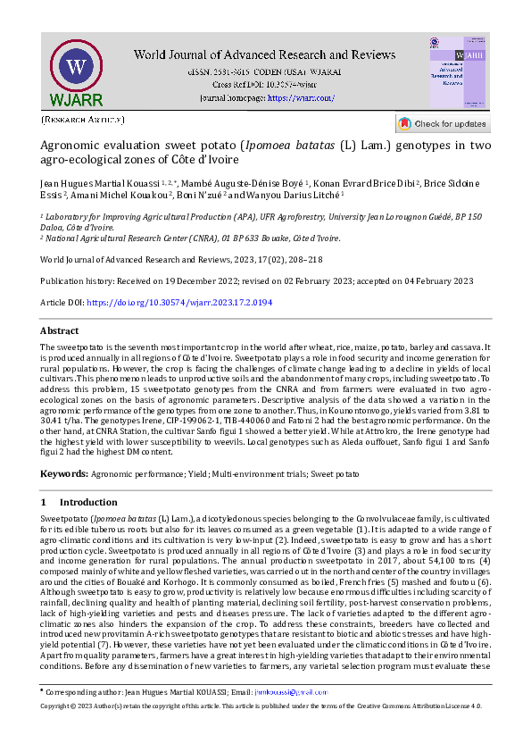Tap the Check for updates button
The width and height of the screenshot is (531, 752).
coord(443,123)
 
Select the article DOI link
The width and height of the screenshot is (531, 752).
coord(178,303)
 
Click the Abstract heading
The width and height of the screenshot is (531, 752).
coord(60,330)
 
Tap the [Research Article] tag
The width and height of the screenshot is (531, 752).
coord(83,119)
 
